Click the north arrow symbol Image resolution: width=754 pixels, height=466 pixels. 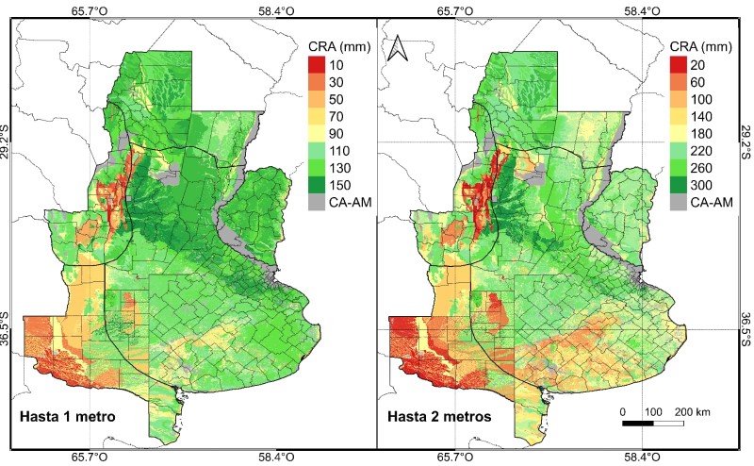click(x=399, y=46)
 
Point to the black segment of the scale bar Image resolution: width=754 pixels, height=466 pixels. click(x=638, y=423)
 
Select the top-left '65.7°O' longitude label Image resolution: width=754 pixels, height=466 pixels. click(x=89, y=10)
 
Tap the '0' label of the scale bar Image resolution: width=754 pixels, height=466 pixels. click(x=623, y=412)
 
